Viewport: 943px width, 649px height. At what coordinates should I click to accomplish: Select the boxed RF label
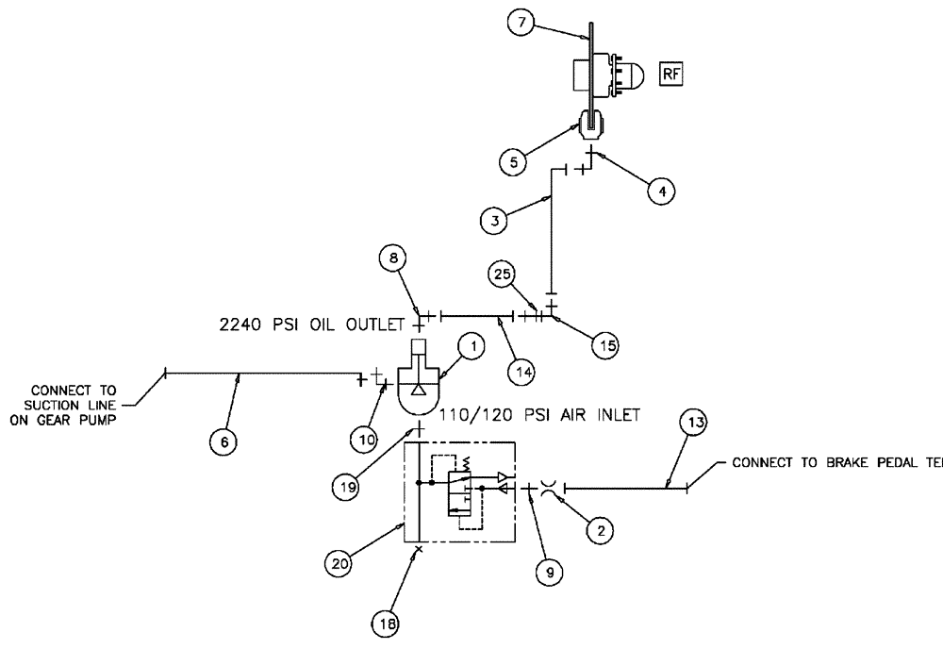[x=670, y=75]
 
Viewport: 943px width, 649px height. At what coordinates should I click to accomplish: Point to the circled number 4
[x=662, y=191]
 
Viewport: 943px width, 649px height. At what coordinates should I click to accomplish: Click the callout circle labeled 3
[x=494, y=222]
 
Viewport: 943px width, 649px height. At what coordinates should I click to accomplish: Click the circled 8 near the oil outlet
[x=391, y=257]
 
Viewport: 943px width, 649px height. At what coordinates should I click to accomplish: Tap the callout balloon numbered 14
[x=523, y=372]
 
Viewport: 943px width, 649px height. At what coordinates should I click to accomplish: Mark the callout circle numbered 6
[x=223, y=441]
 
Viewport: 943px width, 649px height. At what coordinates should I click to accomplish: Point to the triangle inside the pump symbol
[x=417, y=390]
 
